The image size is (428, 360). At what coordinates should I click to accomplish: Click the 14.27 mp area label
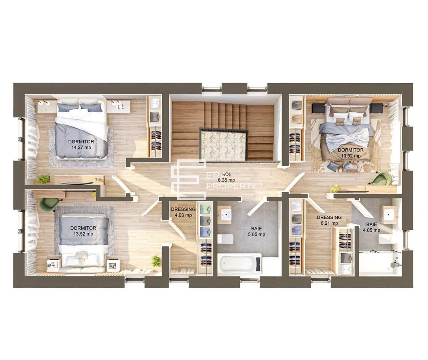81,144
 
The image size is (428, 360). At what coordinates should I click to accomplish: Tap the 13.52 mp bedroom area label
83,231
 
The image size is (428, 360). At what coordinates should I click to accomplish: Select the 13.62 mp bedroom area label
351,153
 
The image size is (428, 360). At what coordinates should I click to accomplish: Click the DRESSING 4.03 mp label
183,212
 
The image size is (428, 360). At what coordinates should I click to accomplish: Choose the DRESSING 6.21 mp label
329,220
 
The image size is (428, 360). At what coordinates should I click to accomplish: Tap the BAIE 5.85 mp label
256,231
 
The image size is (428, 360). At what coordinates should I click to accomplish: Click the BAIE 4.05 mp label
371,227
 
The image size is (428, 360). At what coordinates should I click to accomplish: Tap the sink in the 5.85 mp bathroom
226,214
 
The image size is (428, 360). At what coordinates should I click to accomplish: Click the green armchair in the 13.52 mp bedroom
49,203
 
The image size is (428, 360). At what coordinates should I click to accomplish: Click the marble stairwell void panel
224,145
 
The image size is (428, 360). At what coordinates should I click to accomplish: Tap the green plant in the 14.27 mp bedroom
43,179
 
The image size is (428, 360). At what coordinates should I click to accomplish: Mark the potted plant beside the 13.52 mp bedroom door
156,261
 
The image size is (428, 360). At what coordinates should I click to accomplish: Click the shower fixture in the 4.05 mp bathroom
394,264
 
